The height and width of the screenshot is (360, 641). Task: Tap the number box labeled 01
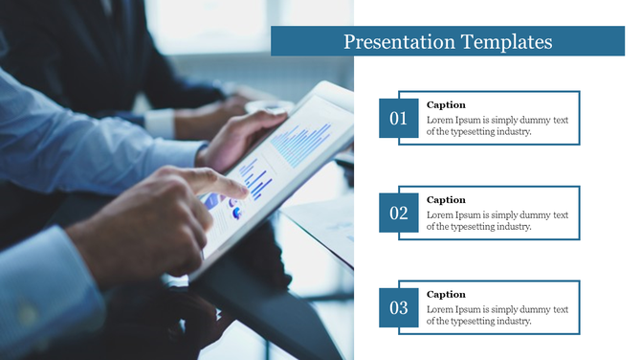tap(398, 119)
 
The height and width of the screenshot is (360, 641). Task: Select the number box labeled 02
tap(398, 214)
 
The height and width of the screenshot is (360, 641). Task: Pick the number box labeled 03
tap(398, 308)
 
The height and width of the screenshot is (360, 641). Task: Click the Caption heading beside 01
tap(446, 105)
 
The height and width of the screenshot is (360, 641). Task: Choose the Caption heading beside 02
tap(446, 200)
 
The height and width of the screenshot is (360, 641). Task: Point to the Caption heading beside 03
tap(446, 295)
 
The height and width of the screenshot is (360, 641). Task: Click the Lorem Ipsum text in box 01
tap(497, 125)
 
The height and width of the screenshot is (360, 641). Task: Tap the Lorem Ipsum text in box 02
tap(497, 220)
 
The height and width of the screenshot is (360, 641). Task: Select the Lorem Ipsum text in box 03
tap(497, 315)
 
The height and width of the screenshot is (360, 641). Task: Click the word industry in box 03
tap(510, 322)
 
